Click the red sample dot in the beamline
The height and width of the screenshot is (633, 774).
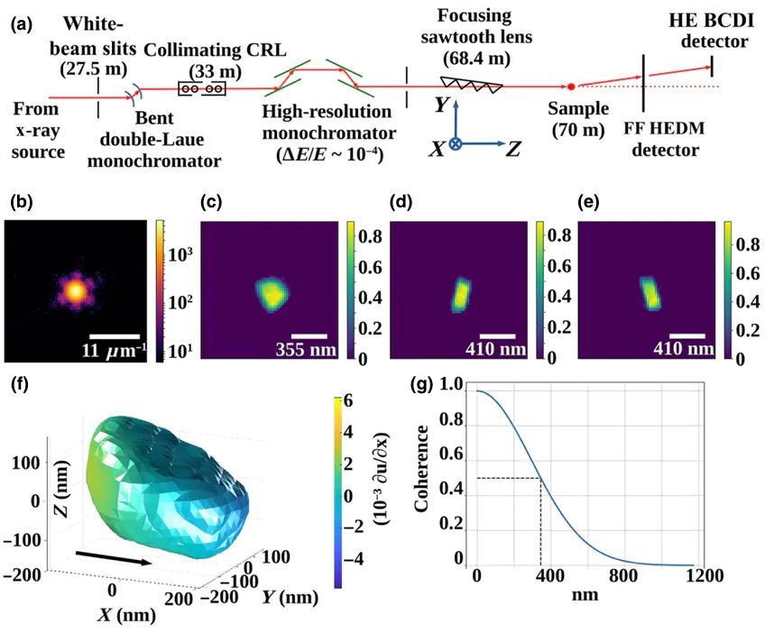tap(571, 87)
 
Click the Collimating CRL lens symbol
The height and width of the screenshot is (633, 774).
tap(202, 89)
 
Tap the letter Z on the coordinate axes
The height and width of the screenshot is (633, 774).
tap(512, 149)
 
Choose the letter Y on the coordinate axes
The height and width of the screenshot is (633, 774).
tap(441, 105)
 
